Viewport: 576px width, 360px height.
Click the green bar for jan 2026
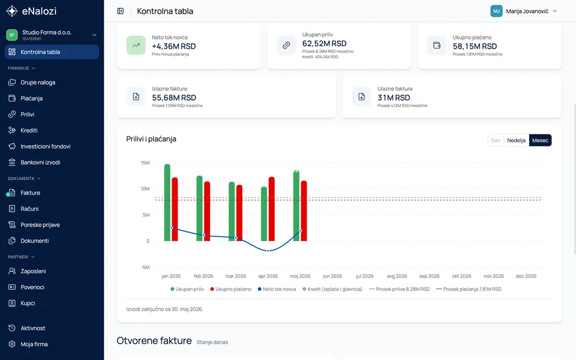[167, 202]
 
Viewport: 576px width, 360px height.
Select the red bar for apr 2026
[271, 209]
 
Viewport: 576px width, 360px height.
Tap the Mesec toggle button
[540, 140]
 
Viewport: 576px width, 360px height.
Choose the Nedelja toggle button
[516, 140]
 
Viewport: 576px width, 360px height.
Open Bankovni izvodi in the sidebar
[40, 163]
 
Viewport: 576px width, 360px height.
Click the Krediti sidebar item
[29, 130]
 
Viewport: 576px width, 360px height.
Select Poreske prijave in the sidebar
[40, 225]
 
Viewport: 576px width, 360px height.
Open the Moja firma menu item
[34, 344]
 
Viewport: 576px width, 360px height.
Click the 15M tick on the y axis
[145, 163]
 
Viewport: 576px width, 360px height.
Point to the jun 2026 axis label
[332, 276]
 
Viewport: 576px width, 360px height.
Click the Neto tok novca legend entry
[277, 289]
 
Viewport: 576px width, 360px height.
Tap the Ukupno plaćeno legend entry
[230, 289]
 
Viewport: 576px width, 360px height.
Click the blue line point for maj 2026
[301, 230]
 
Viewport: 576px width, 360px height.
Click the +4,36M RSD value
[174, 46]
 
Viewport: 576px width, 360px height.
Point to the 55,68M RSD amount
[174, 98]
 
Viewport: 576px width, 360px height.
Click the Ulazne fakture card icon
[361, 97]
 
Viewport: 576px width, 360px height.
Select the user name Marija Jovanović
[527, 11]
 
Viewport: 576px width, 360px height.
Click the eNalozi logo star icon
[12, 11]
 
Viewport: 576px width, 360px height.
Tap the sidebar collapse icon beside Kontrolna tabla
[121, 11]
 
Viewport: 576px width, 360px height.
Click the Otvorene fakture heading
[154, 341]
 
